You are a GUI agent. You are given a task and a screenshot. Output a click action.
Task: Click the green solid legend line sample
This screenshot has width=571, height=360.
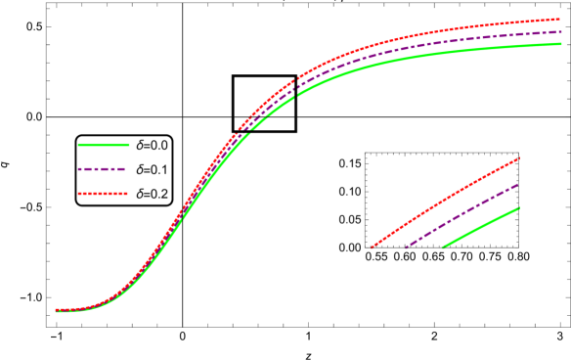(x=104, y=145)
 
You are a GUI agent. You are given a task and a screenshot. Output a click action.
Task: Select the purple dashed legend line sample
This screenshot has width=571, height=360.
(x=103, y=169)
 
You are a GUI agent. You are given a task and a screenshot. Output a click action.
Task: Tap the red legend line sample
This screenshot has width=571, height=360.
(x=103, y=194)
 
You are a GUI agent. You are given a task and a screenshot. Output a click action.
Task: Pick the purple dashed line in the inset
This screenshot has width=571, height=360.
(x=461, y=214)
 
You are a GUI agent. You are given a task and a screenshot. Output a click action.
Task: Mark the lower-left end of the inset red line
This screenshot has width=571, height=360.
(x=372, y=247)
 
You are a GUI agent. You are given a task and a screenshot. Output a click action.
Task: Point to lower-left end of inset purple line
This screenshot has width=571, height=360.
(x=406, y=247)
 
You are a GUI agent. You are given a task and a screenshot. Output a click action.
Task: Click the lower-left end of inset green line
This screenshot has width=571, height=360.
(x=444, y=247)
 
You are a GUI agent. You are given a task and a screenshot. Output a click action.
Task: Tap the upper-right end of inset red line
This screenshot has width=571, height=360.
(x=517, y=158)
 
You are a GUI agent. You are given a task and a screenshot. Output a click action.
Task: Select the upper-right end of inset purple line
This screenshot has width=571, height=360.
(x=517, y=184)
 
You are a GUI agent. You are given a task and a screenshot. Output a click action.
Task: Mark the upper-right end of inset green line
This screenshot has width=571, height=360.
(x=517, y=207)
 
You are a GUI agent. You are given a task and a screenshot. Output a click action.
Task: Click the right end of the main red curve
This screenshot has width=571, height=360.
(x=559, y=19)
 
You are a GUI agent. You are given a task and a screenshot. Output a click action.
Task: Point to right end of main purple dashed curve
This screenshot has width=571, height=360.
(x=560, y=31)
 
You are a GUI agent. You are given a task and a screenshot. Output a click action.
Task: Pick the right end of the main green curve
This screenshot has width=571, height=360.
(x=560, y=43)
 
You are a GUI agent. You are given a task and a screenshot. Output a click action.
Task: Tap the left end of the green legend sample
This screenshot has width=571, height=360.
(x=78, y=145)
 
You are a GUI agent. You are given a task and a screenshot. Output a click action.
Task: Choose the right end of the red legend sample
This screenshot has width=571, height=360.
(x=128, y=194)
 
